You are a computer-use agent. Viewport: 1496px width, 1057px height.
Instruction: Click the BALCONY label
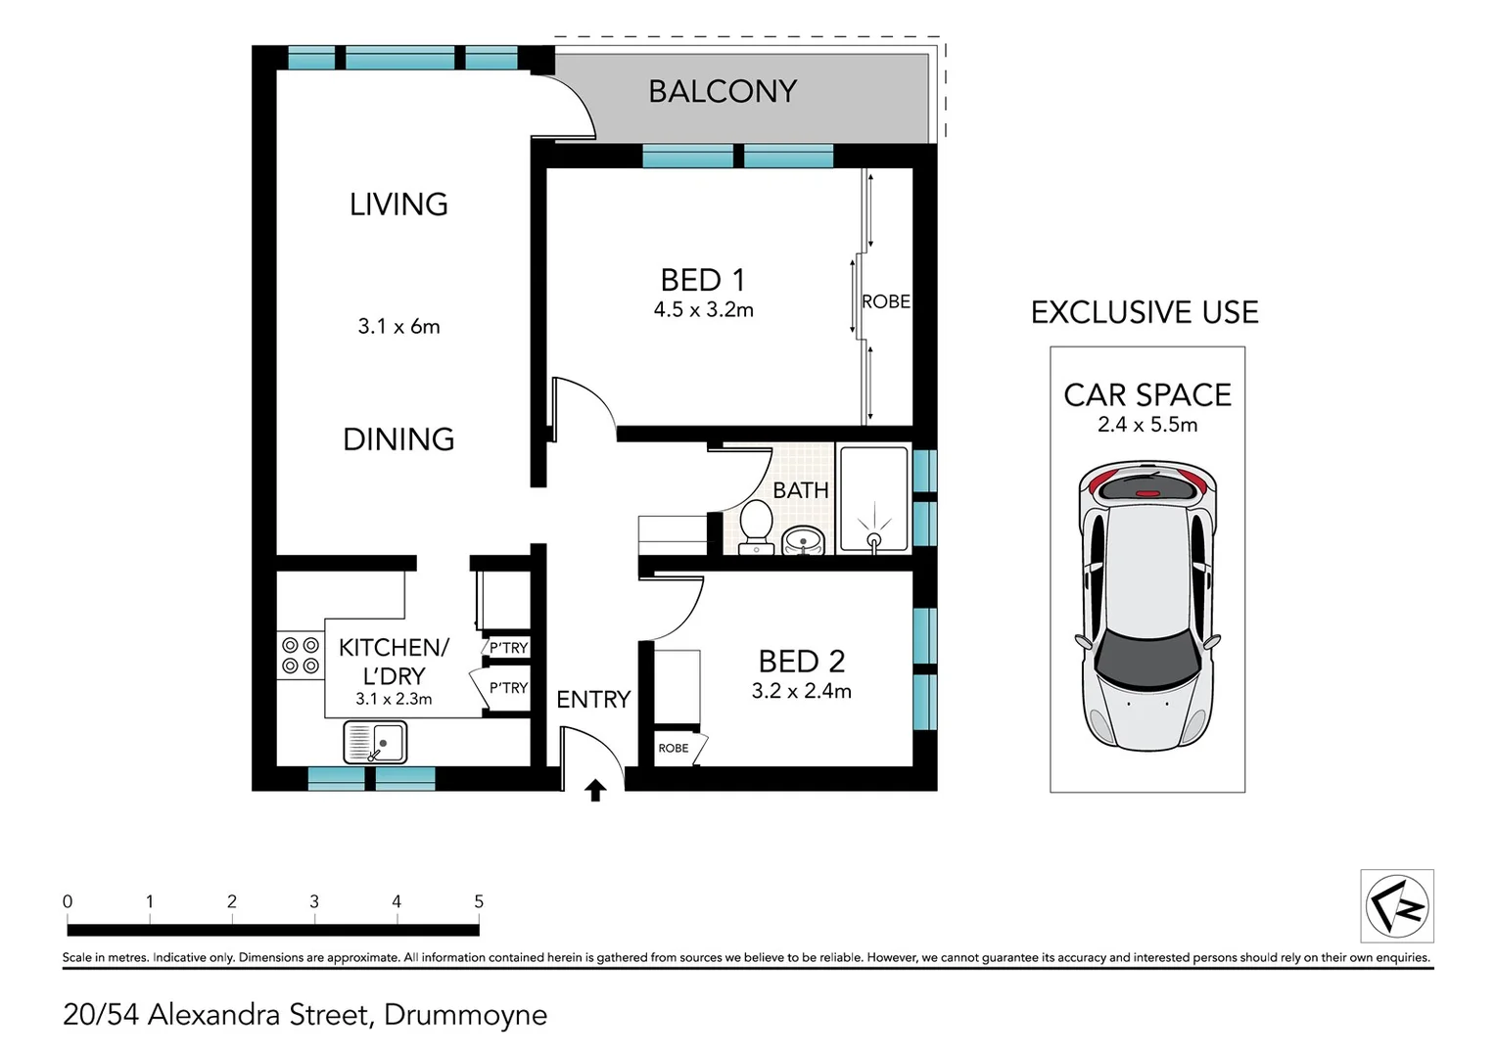tap(723, 91)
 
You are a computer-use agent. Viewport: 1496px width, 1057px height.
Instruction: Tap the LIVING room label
tap(398, 205)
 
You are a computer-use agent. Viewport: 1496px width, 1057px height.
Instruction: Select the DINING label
tap(398, 439)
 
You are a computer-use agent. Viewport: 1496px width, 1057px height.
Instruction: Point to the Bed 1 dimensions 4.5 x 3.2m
tap(703, 310)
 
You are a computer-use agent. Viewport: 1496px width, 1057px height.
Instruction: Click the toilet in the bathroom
tap(756, 528)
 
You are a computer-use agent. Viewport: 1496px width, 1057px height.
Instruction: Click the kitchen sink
tap(375, 742)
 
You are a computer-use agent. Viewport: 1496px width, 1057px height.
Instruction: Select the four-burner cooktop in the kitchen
tap(300, 656)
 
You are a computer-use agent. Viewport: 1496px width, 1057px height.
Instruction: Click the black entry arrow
tap(595, 791)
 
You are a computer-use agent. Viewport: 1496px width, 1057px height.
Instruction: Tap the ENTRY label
tap(593, 700)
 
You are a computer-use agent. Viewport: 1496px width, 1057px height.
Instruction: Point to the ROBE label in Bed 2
tap(674, 749)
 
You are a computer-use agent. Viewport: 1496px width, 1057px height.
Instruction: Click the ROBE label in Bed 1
tap(886, 301)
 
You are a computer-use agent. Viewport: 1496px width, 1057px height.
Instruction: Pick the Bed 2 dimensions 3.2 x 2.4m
tap(802, 691)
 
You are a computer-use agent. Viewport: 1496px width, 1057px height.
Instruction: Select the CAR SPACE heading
tap(1147, 395)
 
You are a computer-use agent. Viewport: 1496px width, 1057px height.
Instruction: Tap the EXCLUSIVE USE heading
tap(1145, 312)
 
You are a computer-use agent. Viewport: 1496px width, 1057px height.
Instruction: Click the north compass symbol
tap(1397, 906)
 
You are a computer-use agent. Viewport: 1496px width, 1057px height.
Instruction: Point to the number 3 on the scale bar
tap(314, 901)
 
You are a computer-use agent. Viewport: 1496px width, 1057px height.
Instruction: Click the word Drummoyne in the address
tap(465, 1015)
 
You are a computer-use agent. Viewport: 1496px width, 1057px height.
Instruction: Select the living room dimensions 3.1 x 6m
tap(398, 327)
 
